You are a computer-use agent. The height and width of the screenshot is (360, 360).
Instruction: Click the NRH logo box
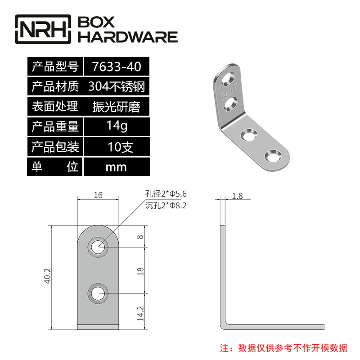[44, 29]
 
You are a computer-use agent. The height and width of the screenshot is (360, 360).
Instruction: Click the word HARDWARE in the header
[128, 37]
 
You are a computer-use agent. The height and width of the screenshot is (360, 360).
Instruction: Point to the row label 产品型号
[55, 67]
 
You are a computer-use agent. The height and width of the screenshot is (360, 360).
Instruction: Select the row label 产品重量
[55, 126]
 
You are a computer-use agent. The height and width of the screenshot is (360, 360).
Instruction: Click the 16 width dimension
[99, 195]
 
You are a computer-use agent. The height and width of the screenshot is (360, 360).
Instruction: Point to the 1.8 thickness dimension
[237, 196]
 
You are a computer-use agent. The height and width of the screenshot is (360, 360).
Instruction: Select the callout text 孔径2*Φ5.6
[166, 194]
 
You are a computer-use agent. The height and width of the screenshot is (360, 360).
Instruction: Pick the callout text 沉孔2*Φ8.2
[166, 206]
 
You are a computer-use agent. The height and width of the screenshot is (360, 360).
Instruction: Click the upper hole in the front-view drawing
[98, 247]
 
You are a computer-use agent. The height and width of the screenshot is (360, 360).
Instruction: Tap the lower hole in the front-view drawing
[98, 294]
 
